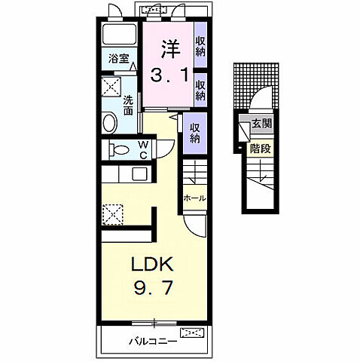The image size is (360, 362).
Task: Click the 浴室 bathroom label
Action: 119,59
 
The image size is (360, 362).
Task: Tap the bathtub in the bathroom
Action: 119,34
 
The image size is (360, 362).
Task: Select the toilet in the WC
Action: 119,150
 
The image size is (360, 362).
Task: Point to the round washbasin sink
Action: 110,123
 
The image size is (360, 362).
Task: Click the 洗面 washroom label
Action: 128,105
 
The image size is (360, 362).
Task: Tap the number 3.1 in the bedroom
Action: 169,75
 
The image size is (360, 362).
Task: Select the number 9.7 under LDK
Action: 154,287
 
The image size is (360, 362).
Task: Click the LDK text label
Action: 152,264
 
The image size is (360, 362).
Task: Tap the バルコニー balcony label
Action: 153,342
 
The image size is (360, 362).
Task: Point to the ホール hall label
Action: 194,198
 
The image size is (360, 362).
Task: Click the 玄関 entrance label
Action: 261,124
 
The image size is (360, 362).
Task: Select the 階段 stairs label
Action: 261,149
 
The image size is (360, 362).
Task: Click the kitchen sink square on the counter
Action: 139,174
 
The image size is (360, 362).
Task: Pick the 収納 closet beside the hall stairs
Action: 195,133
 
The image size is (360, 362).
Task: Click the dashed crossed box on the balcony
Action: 192,333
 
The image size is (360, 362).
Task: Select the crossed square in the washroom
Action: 111,87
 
